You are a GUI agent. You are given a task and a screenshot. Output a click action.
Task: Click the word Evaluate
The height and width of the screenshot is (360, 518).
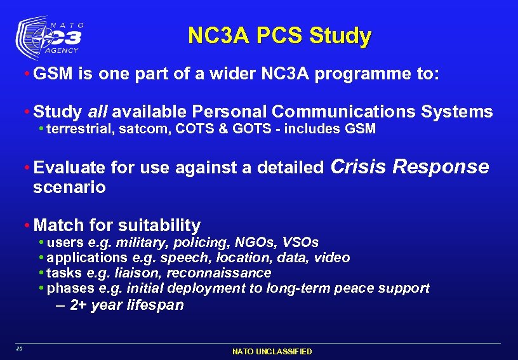[69, 168]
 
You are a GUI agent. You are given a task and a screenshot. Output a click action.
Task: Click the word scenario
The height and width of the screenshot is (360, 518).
[69, 188]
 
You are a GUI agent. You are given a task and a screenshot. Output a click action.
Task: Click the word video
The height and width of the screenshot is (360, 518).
[332, 258]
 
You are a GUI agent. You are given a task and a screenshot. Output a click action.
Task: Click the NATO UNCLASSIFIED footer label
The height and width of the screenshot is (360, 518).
[272, 351]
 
